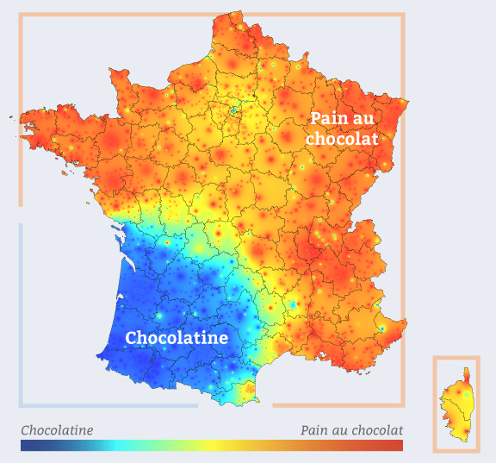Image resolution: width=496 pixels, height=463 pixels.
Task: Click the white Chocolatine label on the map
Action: point(177,337)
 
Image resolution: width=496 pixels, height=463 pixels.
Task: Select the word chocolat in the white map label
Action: point(343,138)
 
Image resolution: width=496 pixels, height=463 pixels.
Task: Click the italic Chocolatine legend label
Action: point(57,430)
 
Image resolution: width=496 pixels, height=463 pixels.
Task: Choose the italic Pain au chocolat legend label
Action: point(351,430)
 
